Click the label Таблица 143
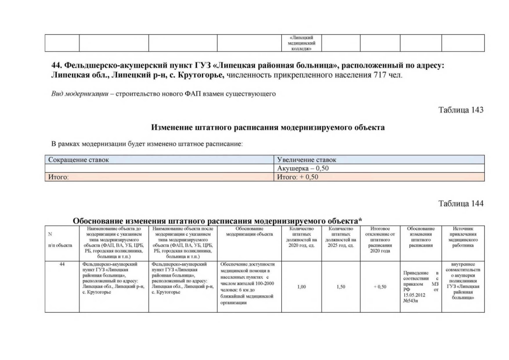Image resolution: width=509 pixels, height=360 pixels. (461, 110)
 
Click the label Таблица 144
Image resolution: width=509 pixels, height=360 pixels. (461, 203)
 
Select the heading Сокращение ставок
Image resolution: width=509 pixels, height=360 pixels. (79, 160)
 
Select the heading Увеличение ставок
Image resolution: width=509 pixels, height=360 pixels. (307, 160)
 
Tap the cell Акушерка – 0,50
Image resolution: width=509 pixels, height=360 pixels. (303, 169)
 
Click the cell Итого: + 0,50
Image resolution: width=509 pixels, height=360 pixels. (298, 177)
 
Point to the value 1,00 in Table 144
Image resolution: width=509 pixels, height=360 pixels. (301, 287)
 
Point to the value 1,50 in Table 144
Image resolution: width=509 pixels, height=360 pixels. (340, 287)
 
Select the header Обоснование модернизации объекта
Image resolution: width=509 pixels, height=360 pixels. (249, 232)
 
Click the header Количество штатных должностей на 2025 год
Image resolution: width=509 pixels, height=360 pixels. (340, 237)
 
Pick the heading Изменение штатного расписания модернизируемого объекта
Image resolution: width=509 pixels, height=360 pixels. (268, 128)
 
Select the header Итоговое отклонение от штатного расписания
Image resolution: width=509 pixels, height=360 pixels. (380, 241)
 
